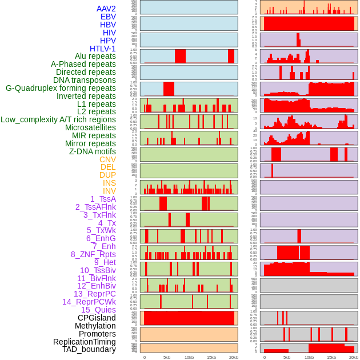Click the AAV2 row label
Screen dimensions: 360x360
[x=106, y=9]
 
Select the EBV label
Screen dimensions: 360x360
[x=108, y=17]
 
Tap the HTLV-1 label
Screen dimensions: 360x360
[x=102, y=49]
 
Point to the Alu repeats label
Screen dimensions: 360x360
[x=95, y=56]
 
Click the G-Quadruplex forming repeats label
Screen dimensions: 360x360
[x=61, y=88]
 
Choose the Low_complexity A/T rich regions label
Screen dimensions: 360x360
[x=58, y=119]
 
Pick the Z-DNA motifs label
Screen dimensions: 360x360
[x=92, y=151]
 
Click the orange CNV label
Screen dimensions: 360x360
[x=107, y=159]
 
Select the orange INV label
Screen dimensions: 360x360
[x=109, y=191]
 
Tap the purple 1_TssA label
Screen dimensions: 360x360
[x=103, y=199]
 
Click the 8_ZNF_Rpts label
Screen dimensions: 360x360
[x=93, y=254]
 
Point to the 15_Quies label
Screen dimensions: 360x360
[x=98, y=310]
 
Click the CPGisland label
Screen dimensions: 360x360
[x=97, y=318]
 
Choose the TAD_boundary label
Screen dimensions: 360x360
[x=89, y=349]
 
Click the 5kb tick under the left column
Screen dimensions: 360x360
[x=167, y=357]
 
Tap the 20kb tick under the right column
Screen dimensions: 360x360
[x=354, y=357]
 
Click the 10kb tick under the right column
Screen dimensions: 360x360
[x=309, y=357]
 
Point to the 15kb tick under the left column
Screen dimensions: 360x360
[x=211, y=357]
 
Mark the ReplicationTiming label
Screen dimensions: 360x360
[x=84, y=342]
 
